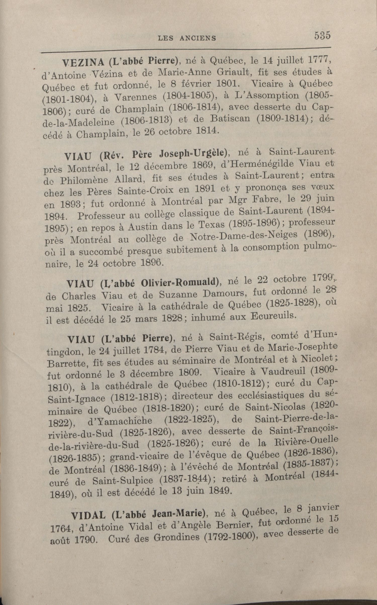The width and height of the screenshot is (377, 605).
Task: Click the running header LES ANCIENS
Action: click(x=187, y=38)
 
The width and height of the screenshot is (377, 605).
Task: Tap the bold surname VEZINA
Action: click(x=83, y=62)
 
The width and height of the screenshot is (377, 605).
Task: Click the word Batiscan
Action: click(x=230, y=119)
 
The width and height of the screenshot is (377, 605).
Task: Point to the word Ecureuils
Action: click(x=274, y=316)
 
